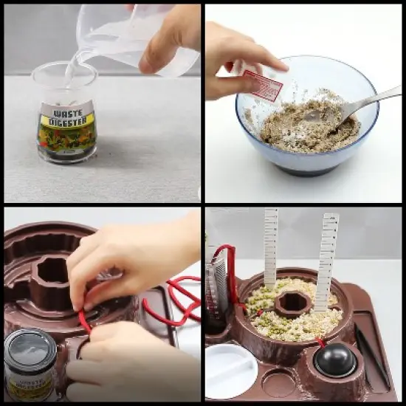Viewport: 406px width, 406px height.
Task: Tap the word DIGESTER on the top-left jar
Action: coord(68,121)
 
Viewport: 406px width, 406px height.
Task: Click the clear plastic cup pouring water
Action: coord(125,37)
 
